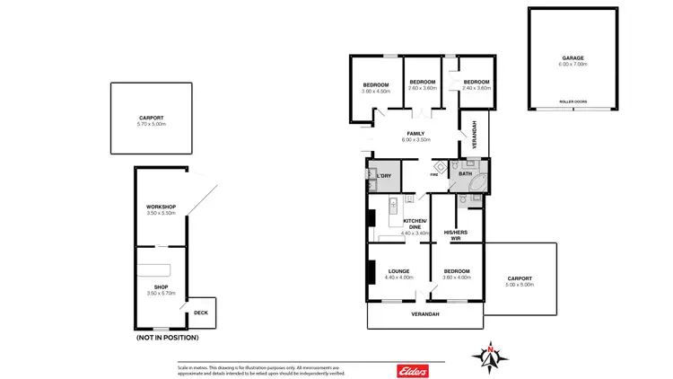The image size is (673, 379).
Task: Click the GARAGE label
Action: [x=573, y=58]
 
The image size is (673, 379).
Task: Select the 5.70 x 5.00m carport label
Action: [x=152, y=120]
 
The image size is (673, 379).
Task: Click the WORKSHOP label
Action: [x=161, y=208]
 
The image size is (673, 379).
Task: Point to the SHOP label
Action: [x=161, y=288]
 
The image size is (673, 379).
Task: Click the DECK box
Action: [x=201, y=313]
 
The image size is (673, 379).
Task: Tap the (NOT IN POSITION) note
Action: [x=167, y=338]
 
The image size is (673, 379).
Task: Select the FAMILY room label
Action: [x=415, y=136]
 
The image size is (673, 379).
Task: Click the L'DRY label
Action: [x=384, y=175]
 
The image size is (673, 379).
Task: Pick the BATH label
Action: [x=465, y=173]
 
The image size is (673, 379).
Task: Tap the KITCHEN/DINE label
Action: [x=415, y=224]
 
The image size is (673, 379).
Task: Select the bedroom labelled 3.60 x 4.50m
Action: [x=375, y=88]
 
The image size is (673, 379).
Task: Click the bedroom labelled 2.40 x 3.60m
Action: [x=476, y=84]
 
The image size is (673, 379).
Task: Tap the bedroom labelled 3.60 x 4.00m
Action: [x=456, y=273]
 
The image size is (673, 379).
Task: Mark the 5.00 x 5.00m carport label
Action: [x=519, y=280]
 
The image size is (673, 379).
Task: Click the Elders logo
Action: [x=412, y=370]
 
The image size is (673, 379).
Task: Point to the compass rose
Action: [x=491, y=357]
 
